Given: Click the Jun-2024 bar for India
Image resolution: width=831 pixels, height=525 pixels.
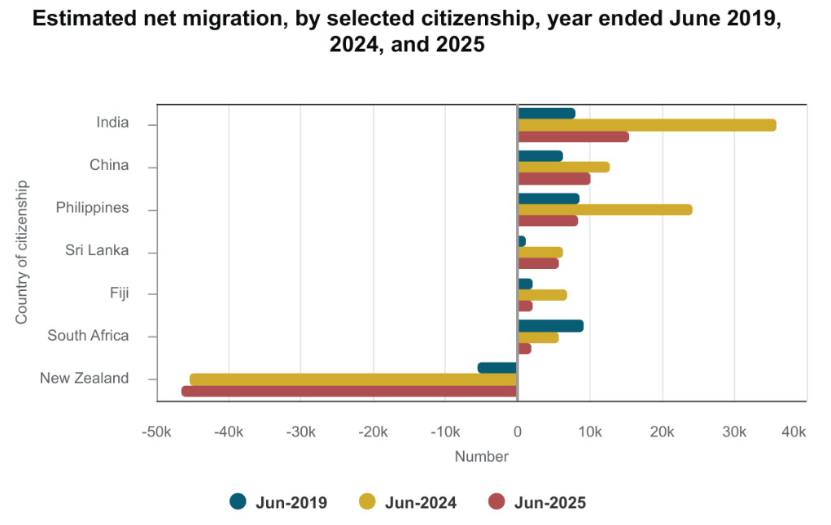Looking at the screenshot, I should (647, 125).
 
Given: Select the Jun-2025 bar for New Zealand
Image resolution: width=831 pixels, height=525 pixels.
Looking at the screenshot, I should (349, 391).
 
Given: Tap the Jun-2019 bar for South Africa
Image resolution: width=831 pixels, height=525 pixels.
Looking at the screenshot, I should (550, 326).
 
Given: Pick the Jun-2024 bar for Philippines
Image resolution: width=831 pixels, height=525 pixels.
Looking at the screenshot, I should (605, 210).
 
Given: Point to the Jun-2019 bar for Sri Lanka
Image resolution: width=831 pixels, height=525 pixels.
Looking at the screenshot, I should (522, 241).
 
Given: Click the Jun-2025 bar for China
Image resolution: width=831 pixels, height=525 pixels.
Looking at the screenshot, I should (553, 179).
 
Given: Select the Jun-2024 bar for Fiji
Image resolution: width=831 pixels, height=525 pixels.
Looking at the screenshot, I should (542, 295).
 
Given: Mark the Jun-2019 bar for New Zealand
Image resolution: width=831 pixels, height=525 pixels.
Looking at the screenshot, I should (497, 368).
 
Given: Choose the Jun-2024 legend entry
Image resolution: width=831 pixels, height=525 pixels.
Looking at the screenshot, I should (408, 502).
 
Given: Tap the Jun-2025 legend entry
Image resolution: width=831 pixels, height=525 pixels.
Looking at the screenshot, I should (537, 502).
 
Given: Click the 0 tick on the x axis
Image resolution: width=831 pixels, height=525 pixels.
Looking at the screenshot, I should (518, 432).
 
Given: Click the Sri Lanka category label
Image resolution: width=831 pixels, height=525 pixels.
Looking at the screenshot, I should (97, 250).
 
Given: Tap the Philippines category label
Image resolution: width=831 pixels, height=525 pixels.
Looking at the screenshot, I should (92, 208).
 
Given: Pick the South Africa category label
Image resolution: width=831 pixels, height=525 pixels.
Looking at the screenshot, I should (88, 336).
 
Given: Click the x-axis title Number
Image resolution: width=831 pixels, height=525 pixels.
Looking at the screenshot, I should (481, 457).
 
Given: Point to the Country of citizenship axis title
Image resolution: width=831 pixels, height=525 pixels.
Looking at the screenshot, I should (22, 252).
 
